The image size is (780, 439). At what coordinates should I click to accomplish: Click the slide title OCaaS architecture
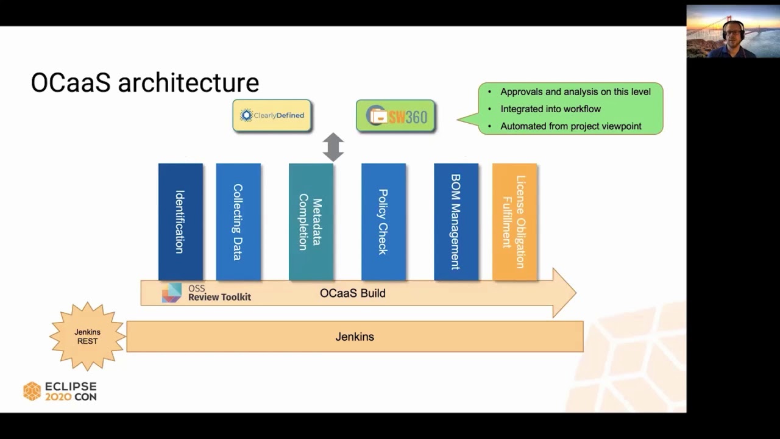click(x=144, y=83)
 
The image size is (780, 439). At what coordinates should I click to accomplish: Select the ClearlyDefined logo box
click(x=272, y=115)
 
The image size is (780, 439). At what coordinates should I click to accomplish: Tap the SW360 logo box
click(x=395, y=116)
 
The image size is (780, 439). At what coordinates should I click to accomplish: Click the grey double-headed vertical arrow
click(x=333, y=147)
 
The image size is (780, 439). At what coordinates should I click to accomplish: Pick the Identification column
click(x=180, y=222)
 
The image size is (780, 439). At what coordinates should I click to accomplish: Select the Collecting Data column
click(x=238, y=222)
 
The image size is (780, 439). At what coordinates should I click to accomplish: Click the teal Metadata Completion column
click(x=311, y=222)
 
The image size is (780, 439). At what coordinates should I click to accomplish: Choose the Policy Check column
click(x=383, y=222)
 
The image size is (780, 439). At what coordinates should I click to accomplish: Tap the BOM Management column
click(x=456, y=222)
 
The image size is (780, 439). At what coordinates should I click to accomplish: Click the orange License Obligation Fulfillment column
click(x=514, y=222)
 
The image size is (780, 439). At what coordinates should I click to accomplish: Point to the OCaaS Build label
click(x=352, y=293)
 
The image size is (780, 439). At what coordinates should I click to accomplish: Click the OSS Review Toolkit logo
click(x=206, y=293)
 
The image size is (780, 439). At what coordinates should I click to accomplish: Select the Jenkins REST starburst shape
click(x=88, y=337)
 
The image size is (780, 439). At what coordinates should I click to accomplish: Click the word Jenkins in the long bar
click(x=355, y=337)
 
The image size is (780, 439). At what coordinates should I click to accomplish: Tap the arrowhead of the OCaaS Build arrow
click(x=564, y=293)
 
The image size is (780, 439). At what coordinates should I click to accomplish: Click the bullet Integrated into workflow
click(x=550, y=109)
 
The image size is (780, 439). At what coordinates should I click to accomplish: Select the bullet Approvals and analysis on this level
click(x=575, y=92)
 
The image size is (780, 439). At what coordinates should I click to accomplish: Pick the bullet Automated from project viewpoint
click(x=570, y=127)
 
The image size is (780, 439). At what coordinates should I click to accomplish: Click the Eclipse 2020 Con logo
click(x=60, y=391)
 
